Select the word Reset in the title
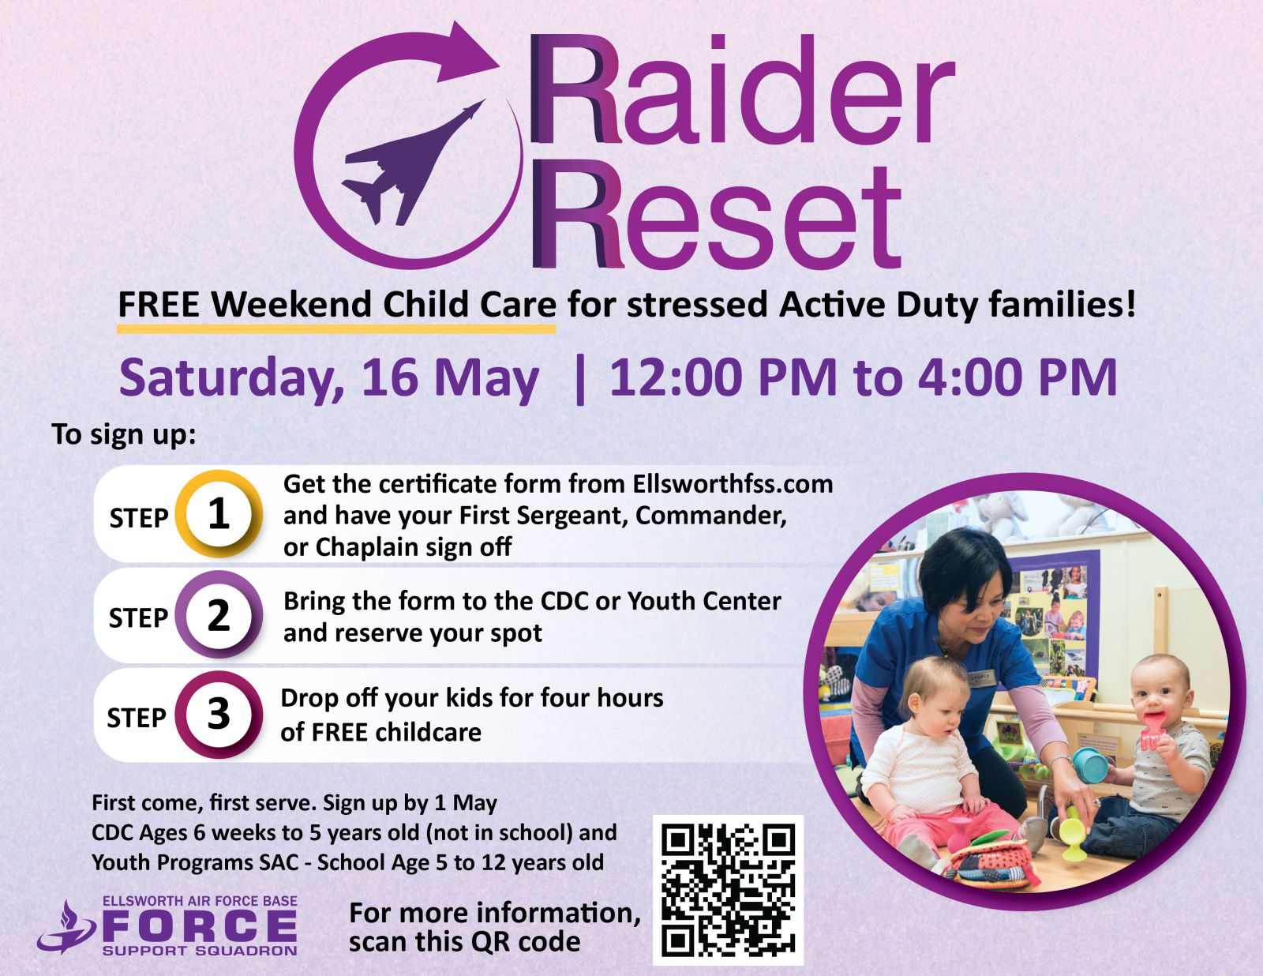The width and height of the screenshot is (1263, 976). point(716,214)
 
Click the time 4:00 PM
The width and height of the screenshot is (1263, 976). point(1018,377)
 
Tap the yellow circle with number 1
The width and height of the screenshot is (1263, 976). point(219,514)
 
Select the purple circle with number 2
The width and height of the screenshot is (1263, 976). point(219,615)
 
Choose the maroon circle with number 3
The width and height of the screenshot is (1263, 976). point(219,715)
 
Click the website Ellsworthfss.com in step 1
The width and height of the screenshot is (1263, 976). point(733,483)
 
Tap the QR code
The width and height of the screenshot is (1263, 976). point(729,890)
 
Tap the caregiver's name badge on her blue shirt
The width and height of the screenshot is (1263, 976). point(982,678)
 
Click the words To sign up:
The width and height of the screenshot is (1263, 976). point(124,435)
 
